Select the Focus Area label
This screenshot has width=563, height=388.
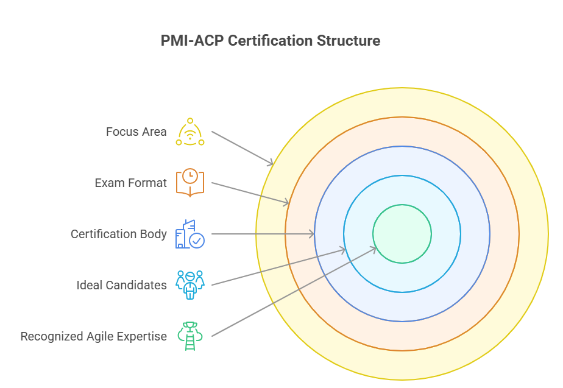pos(136,132)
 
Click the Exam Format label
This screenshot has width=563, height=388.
pos(130,183)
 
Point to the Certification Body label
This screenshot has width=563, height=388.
pos(118,234)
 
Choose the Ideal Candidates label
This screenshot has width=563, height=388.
pos(121,285)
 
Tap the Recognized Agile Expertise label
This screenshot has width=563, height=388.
pos(93,336)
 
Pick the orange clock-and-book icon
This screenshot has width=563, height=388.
pos(190,182)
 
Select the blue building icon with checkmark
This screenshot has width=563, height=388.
pos(189,234)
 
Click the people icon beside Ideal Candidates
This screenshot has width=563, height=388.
pos(190,285)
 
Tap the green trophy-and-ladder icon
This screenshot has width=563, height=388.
pos(189,336)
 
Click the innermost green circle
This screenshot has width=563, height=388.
pos(402,234)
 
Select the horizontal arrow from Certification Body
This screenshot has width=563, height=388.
pos(262,234)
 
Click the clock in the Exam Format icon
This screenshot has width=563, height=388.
pos(190,175)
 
